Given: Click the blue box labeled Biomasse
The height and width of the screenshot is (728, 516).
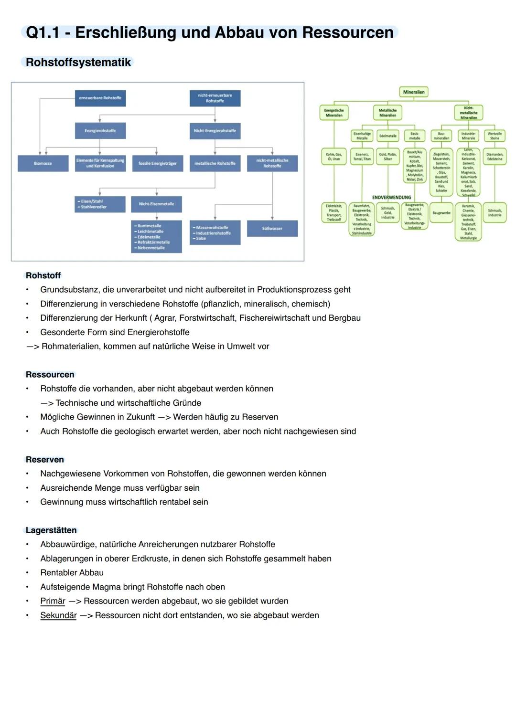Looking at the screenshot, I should tap(43, 163).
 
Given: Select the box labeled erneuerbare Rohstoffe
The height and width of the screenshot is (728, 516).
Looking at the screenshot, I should tap(100, 98).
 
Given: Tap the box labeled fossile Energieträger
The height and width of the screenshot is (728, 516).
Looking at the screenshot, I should tap(157, 163).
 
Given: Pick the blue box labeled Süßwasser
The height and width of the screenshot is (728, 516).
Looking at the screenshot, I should tap(272, 228).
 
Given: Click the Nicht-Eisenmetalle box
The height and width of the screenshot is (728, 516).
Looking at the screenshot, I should tap(156, 204).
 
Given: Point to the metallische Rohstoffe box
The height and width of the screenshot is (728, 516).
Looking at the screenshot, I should tap(215, 163).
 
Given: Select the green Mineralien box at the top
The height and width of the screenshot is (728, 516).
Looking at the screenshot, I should tap(414, 92).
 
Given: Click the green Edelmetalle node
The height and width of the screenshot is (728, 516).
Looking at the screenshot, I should tap(387, 136).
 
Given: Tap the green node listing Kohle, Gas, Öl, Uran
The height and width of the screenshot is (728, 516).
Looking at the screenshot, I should tap(334, 157).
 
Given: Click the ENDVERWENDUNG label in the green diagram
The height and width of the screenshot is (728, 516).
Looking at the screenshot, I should tap(391, 197).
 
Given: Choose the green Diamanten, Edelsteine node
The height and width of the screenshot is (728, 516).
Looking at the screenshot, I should tap(494, 157).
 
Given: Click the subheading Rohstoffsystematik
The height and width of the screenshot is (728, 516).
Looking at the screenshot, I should tap(78, 63).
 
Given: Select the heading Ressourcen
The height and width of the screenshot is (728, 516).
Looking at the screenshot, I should tap(50, 375).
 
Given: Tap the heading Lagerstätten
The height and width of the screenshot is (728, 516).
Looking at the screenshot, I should tap(51, 530).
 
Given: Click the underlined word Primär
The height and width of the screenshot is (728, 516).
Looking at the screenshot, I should tap(53, 601).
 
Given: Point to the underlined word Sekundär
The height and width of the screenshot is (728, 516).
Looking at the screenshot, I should tap(58, 615).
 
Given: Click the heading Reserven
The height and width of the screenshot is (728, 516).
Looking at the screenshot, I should tap(45, 460).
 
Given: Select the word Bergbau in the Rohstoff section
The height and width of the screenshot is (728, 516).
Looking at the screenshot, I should tap(344, 318).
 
